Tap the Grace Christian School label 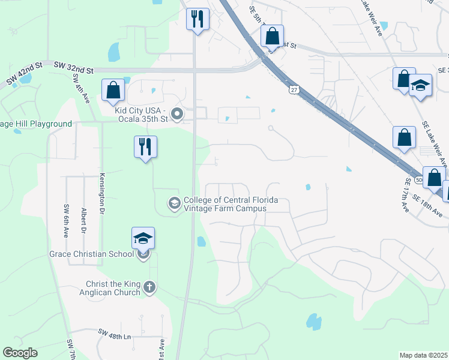(91, 254)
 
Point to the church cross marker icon (149, 288)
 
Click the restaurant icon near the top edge (197, 19)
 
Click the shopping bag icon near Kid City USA (113, 90)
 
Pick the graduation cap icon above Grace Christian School (143, 238)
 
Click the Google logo (20, 353)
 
